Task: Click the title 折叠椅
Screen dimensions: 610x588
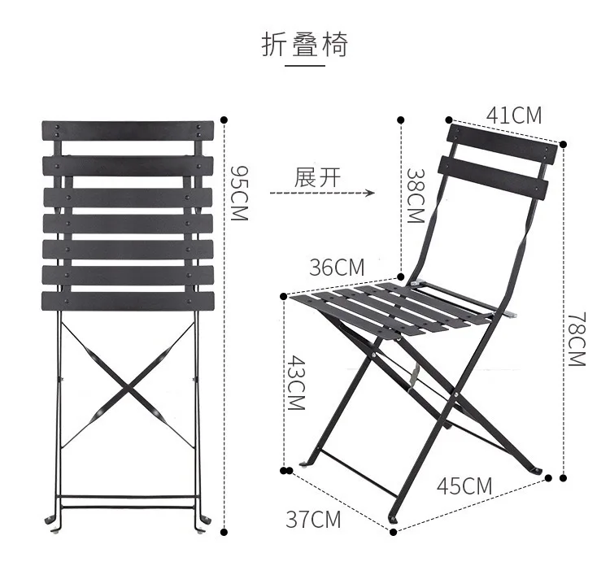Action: point(304,45)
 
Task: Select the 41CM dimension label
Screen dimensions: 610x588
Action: point(513,115)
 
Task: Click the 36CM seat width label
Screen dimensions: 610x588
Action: point(337,267)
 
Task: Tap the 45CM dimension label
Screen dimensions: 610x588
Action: point(464,486)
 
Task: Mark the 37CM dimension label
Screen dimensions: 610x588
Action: point(313,519)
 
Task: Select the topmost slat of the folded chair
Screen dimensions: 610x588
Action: point(128,130)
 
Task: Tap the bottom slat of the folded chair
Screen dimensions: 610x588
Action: point(128,301)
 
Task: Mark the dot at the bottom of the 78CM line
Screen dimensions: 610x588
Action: point(560,477)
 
